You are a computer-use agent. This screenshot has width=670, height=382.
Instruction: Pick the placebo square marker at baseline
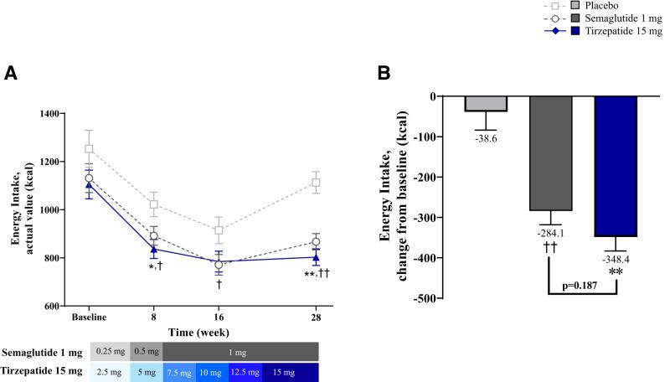pos(90,149)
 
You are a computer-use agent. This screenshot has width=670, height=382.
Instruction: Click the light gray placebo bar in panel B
pos(486,104)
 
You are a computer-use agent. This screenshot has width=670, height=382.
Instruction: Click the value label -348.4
pos(616,261)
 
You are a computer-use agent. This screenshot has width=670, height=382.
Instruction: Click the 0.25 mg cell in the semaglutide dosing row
pos(110,351)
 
